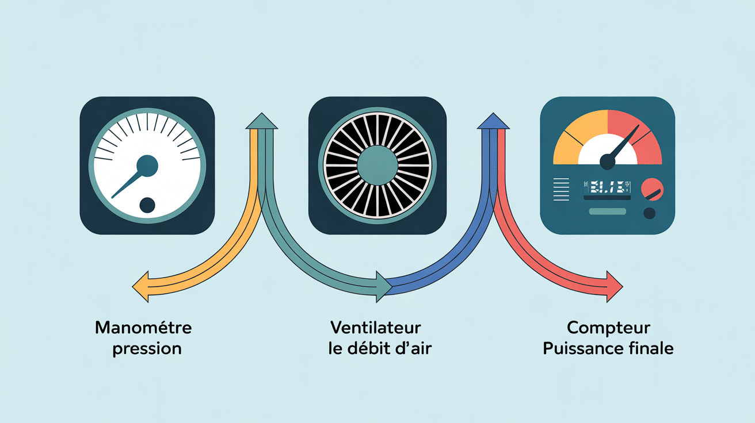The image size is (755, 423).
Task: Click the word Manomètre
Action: coord(143,329)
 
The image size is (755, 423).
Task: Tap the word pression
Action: coord(147,349)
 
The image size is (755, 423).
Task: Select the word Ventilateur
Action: coord(376,329)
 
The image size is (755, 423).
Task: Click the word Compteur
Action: coord(608,329)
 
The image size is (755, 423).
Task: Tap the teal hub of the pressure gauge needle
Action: coord(147,166)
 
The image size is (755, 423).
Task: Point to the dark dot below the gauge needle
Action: coord(147,205)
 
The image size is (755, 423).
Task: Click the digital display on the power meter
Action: coord(607,186)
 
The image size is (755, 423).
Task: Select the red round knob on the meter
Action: coord(652,189)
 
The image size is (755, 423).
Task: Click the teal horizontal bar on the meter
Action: coord(607,211)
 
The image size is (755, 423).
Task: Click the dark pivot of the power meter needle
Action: coord(607,162)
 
